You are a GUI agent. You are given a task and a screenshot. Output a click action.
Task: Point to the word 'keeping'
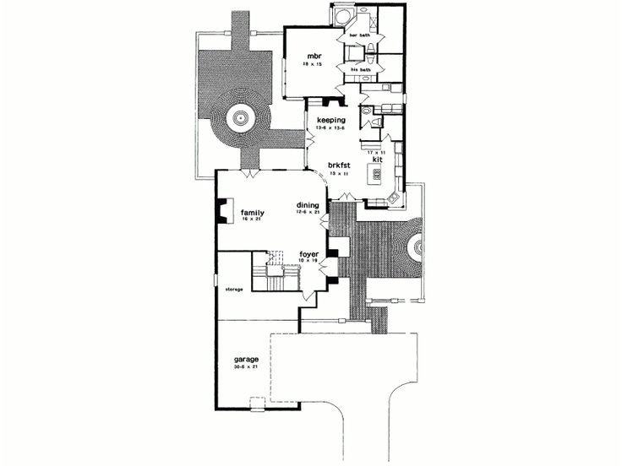[x=332, y=120]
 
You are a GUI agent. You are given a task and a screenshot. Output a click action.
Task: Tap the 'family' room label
[x=253, y=212]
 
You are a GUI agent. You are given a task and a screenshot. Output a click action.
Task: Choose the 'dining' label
[x=307, y=204]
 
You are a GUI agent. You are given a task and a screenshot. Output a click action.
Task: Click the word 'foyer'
[x=309, y=253]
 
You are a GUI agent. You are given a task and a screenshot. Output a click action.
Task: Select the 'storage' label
[x=234, y=289]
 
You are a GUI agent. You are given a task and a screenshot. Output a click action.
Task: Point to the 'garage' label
[x=246, y=360]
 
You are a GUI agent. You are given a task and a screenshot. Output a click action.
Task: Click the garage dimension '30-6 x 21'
[x=246, y=367]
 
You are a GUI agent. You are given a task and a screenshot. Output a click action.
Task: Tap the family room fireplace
[x=221, y=211]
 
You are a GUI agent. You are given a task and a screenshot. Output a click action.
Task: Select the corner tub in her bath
[x=341, y=18]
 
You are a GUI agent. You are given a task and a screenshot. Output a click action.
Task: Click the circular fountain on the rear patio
[x=239, y=118]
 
